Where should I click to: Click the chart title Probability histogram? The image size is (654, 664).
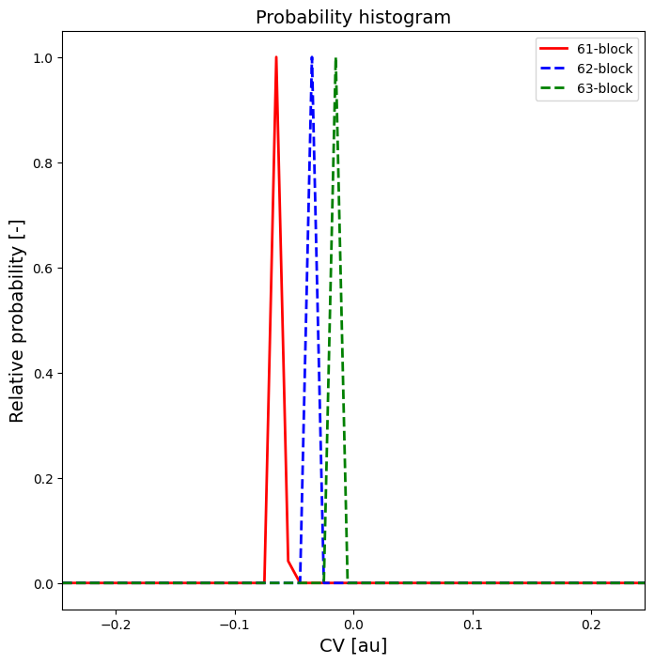[x=353, y=17]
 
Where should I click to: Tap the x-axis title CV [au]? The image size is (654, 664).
[x=353, y=645]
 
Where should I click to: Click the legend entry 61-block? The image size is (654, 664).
[x=604, y=49]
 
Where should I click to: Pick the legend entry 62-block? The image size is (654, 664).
[x=604, y=69]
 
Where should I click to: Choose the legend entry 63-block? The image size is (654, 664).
[x=604, y=90]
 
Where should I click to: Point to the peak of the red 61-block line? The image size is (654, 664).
[x=276, y=57]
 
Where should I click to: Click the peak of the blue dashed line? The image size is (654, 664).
[x=312, y=58]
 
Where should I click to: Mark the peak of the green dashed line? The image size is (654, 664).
[x=335, y=58]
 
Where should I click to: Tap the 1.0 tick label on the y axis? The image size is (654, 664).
[x=42, y=58]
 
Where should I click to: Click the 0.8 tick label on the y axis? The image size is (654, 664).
[x=42, y=163]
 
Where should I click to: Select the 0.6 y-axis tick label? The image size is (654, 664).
[x=42, y=269]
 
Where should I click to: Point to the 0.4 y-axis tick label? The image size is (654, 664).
[x=42, y=374]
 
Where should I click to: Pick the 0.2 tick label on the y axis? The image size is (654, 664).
[x=42, y=479]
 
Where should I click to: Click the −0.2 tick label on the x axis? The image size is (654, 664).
[x=116, y=625]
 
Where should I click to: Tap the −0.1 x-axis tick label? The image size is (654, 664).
[x=234, y=625]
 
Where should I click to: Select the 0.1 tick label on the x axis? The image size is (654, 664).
[x=473, y=625]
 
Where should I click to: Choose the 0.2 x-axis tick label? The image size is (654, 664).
[x=591, y=625]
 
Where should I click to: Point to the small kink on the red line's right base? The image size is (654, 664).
[x=288, y=560]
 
